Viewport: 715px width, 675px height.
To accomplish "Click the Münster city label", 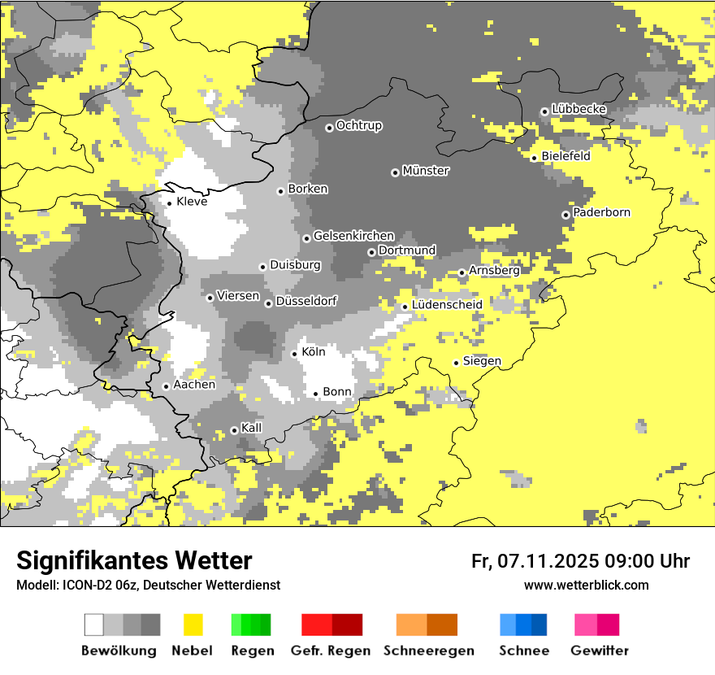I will [x=426, y=171].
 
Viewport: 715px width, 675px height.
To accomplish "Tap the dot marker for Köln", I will [x=295, y=354].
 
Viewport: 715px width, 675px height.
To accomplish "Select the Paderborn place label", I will [x=601, y=213].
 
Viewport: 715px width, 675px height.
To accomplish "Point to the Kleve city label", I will [x=192, y=202].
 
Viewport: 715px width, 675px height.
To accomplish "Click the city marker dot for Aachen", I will [x=167, y=386].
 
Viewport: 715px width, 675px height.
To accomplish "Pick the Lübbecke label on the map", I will [x=578, y=109].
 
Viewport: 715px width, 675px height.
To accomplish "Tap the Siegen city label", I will [x=482, y=361].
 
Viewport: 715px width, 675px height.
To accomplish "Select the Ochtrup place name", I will [x=358, y=126].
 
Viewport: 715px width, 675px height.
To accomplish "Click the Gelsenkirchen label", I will [x=353, y=236].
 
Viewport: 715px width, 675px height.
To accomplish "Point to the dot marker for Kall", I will [x=235, y=430].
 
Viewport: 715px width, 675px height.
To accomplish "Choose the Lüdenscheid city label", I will [x=447, y=305].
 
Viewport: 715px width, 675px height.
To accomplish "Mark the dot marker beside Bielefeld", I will [x=535, y=158].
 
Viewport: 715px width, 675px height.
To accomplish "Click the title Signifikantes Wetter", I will [x=134, y=560].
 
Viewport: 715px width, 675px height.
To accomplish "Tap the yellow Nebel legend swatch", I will [x=193, y=625].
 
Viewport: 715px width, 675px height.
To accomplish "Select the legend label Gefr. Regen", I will [x=331, y=651].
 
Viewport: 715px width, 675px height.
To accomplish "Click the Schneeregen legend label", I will [x=429, y=651].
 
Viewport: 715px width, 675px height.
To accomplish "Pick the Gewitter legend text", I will [x=600, y=651].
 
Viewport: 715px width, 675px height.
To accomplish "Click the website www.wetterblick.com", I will [x=586, y=585].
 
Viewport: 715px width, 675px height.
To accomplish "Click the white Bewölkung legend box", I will [x=94, y=625].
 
